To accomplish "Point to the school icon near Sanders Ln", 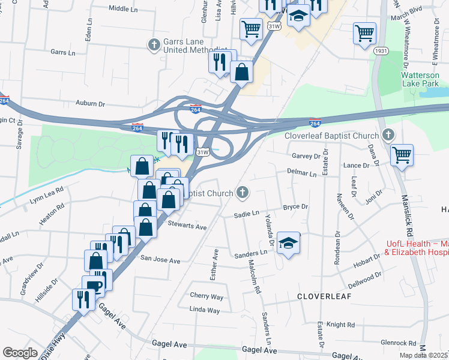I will [289, 243].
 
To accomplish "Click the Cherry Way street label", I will [206, 296].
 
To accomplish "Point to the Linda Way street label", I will [205, 310].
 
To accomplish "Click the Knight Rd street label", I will [342, 325].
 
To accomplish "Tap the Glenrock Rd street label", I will [398, 343].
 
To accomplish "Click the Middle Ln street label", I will [124, 9].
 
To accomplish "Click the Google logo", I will [20, 353].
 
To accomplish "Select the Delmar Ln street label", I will [301, 174].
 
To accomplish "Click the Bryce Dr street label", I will [295, 206].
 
